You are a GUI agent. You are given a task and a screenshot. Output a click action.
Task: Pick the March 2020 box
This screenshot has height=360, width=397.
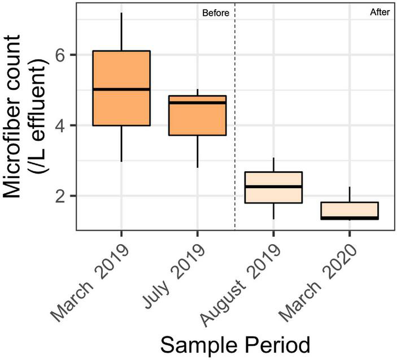[x=350, y=210]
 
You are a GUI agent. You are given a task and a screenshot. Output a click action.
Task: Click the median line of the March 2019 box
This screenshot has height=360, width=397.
[x=121, y=89]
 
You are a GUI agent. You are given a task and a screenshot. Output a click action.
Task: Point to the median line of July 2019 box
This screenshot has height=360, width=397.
[x=197, y=102]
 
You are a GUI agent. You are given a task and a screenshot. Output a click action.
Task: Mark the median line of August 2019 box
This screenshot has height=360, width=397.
[x=273, y=186]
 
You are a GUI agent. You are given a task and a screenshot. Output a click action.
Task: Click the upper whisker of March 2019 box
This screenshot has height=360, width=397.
[x=121, y=32]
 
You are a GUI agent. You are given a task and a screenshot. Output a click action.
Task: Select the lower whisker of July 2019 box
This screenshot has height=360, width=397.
[x=197, y=151]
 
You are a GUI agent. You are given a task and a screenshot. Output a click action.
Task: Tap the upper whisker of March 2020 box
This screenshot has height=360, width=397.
[x=350, y=194]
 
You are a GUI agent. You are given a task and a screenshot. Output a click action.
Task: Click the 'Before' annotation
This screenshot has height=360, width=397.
[x=216, y=14]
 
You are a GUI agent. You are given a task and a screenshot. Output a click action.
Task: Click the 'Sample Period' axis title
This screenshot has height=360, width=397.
[x=234, y=344]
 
